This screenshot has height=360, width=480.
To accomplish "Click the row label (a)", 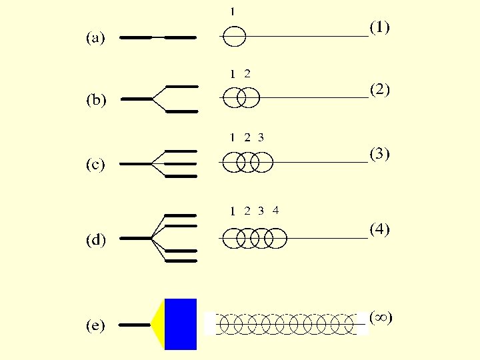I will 95,39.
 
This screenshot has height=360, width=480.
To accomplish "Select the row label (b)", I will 97,101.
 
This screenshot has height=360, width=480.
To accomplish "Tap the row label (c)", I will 95,165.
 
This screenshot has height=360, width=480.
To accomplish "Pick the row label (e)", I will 95,326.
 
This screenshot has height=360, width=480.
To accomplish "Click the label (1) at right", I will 380,27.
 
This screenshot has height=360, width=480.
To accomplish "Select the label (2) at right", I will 380,89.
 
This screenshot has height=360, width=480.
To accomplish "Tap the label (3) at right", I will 380,153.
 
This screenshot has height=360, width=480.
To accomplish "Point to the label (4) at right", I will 380,229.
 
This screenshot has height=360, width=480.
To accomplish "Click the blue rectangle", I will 181,324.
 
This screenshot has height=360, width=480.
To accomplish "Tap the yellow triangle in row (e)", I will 158,325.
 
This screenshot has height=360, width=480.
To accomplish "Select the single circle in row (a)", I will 234,36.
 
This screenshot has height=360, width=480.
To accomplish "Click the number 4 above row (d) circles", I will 275,209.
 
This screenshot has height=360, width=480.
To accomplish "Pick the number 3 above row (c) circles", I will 261,138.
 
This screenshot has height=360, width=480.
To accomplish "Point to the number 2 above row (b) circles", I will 247,73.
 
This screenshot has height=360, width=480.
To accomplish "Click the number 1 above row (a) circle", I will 233,11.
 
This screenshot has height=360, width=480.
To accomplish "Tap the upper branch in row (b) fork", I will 181,87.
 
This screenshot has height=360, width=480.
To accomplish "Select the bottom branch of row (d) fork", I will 181,261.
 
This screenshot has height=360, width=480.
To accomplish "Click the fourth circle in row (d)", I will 275,238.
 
